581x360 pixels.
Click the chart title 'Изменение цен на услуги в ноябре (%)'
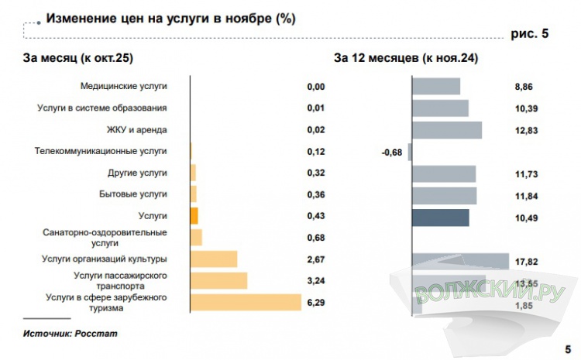pyautogui.click(x=170, y=18)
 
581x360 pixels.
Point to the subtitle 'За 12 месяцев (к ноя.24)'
pyautogui.click(x=405, y=58)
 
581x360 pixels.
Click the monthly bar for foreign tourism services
pyautogui.click(x=246, y=302)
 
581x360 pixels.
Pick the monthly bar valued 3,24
pyautogui.click(x=218, y=280)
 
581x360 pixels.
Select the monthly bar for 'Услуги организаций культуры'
pyautogui.click(x=214, y=259)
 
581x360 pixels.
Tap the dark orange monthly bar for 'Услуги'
pyautogui.click(x=194, y=215)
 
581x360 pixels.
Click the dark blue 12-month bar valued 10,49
pyautogui.click(x=440, y=218)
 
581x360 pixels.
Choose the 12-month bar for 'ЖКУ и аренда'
pyautogui.click(x=447, y=130)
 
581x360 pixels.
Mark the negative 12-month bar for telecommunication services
pyautogui.click(x=410, y=152)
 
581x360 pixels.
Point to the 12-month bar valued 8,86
pyautogui.click(x=436, y=87)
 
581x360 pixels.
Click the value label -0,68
pyautogui.click(x=392, y=153)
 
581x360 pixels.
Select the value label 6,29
pyautogui.click(x=316, y=302)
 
